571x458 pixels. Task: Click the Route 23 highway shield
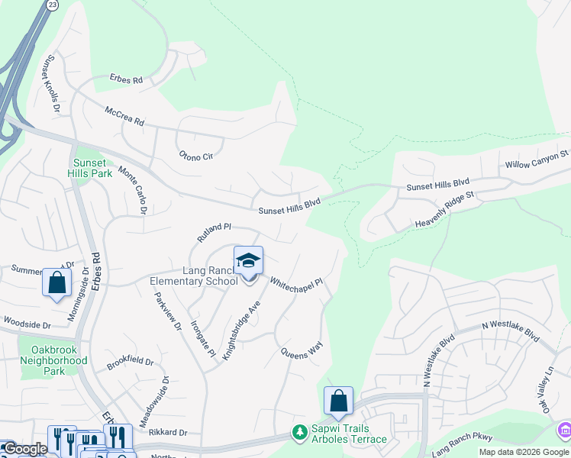tap(52, 5)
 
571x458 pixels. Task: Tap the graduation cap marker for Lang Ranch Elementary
tap(248, 261)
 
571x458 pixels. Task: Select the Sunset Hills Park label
tap(92, 168)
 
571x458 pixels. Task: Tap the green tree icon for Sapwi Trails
tap(300, 433)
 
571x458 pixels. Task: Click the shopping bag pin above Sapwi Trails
tap(338, 400)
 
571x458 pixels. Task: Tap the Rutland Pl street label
tap(214, 232)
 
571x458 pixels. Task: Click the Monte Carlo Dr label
tap(133, 190)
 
